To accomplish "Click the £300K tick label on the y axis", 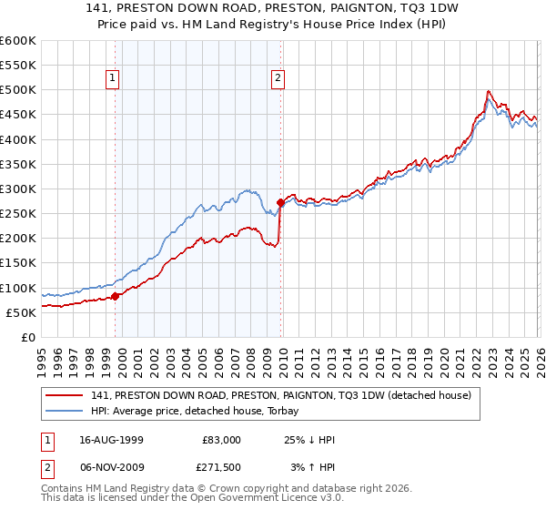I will tap(18, 189).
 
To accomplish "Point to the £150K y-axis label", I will tap(18, 262).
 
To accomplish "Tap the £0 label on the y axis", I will tap(27, 337).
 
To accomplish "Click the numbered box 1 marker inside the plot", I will tap(114, 78).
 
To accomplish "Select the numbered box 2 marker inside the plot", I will tap(277, 78).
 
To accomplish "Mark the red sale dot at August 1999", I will tap(115, 296).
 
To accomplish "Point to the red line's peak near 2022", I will tap(489, 91).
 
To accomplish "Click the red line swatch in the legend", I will tap(65, 395).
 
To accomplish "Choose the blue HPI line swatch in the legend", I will tap(65, 411).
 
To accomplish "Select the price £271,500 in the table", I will tap(223, 467).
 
